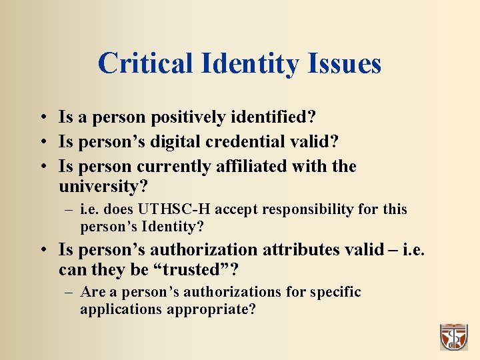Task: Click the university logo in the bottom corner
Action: click(x=453, y=337)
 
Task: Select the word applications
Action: click(x=121, y=309)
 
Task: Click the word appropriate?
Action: click(x=211, y=309)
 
